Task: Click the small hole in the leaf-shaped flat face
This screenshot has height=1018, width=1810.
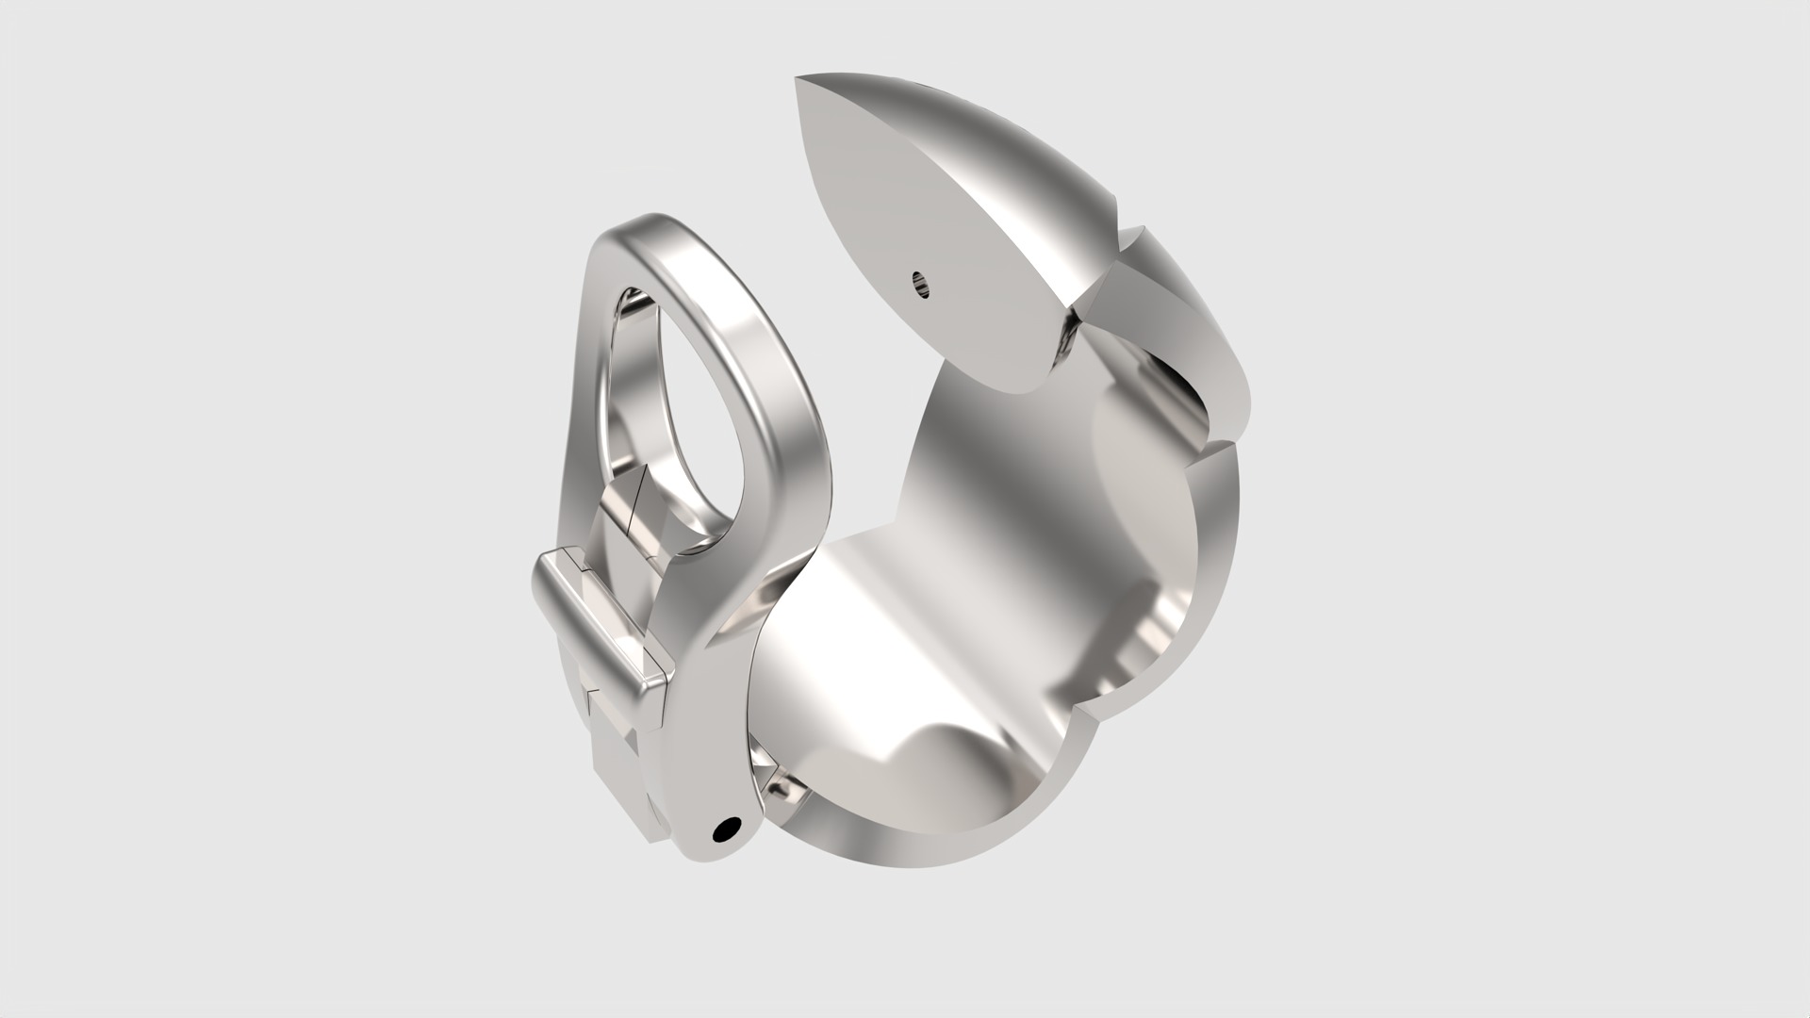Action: coord(920,283)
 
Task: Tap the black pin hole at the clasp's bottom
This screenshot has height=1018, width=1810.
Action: coord(727,830)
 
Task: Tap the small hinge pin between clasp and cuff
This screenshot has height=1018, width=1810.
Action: coord(780,784)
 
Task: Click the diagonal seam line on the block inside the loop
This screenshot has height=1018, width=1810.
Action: coord(638,500)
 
